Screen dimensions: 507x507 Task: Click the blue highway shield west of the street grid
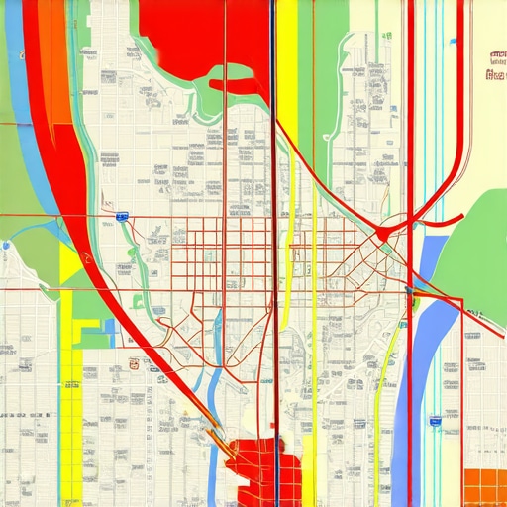121,214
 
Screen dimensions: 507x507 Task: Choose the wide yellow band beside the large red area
286,59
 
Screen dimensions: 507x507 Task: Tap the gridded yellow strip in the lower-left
70,396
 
